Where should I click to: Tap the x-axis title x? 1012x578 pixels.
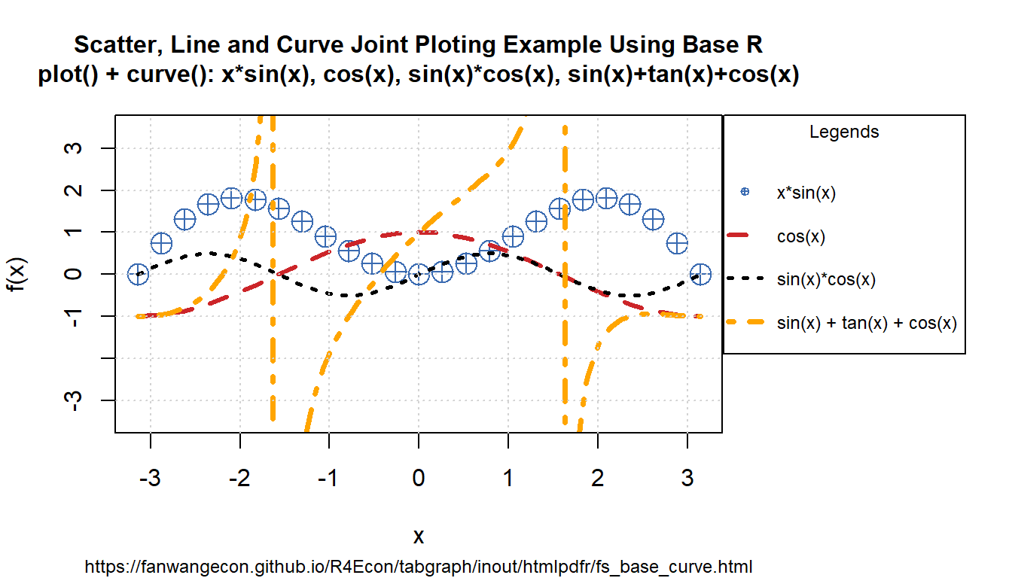point(419,536)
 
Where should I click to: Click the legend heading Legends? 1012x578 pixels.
point(844,132)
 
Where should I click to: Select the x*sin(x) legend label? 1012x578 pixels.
point(806,193)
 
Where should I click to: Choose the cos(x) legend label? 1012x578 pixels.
point(801,236)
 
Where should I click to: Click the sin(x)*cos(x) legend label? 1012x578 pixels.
point(826,279)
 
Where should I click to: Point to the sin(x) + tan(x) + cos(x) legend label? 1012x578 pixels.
point(867,323)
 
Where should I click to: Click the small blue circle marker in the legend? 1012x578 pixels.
point(745,193)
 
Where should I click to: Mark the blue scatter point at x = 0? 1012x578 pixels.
point(419,275)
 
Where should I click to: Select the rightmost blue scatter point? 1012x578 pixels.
point(701,274)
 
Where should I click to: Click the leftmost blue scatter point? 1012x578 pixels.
point(137,274)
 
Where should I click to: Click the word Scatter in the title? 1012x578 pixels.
point(112,45)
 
